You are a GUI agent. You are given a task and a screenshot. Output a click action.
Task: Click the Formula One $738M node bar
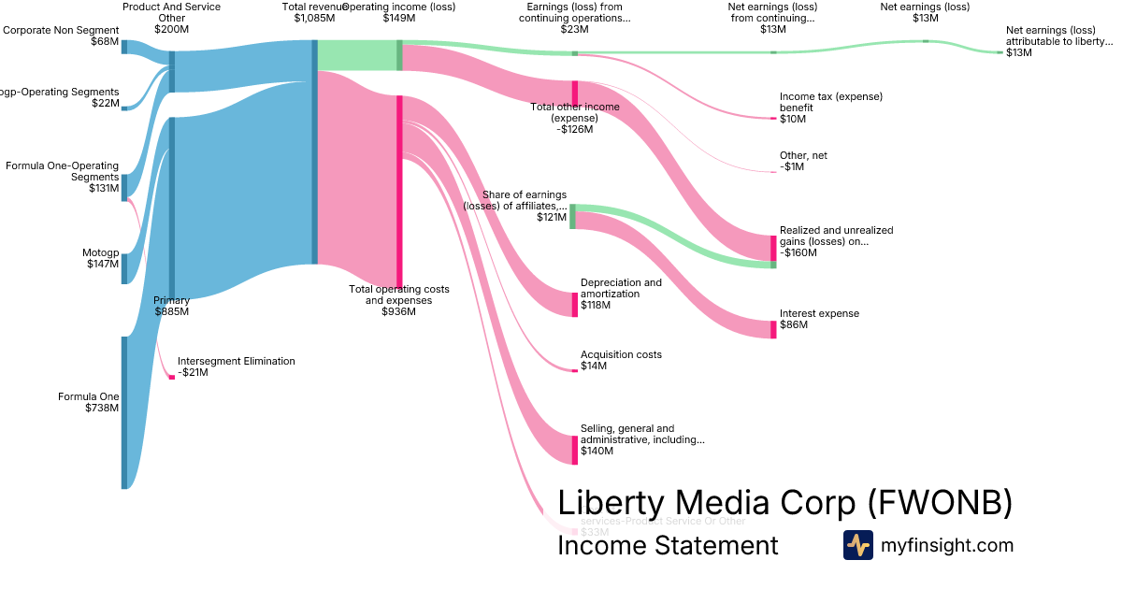point(123,412)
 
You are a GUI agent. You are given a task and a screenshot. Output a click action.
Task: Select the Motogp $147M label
point(100,259)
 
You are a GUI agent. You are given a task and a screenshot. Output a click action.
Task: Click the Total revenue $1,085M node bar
point(314,152)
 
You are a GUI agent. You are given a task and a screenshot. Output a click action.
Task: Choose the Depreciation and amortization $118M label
point(621,294)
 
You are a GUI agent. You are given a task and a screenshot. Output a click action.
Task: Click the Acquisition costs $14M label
point(621,360)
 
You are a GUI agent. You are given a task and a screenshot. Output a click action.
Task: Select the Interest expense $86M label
point(819,319)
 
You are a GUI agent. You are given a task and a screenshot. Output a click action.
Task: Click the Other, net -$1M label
point(803,161)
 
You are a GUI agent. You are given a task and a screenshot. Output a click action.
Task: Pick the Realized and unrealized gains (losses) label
point(836,240)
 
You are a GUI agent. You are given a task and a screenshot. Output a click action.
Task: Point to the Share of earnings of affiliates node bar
point(572,216)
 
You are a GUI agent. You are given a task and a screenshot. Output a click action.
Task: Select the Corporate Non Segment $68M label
point(61,36)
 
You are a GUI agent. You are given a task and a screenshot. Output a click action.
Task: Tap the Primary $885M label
point(171,306)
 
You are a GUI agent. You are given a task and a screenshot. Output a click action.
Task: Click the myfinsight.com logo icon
point(857,545)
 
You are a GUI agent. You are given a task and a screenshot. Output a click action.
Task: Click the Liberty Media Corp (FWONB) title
point(784,502)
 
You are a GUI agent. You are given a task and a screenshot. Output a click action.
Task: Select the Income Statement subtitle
point(667,545)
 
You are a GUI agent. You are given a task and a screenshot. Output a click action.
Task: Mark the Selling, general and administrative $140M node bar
point(575,450)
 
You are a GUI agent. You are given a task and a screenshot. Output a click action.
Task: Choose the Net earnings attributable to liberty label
point(1058,41)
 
